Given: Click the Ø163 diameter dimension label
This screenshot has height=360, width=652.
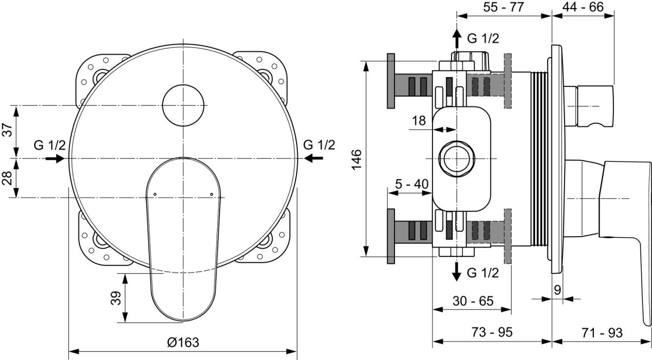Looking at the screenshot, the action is tap(183, 342).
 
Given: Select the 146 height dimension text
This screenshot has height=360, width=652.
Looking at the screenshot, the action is tap(356, 159).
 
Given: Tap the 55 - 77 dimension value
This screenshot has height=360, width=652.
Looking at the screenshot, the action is tap(504, 7).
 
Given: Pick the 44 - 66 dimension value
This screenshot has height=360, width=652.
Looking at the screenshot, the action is tap(583, 7).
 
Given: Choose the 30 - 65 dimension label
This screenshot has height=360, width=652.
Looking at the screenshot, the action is tap(473, 301).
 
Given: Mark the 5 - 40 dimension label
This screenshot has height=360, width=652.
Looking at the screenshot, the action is tap(412, 184).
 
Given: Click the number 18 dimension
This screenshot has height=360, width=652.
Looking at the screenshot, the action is tap(419, 121).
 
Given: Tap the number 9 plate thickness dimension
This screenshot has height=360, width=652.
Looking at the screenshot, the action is tap(557, 290).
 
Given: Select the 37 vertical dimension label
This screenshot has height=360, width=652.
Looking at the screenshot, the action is tap(8, 130).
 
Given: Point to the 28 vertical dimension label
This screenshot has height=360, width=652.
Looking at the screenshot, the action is tap(8, 178).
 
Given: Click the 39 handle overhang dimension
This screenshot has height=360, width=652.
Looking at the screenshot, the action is tap(116, 298).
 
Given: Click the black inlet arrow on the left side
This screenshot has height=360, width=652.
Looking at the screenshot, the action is tap(55, 159).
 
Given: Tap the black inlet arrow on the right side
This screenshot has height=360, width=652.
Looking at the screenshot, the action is tap(314, 158).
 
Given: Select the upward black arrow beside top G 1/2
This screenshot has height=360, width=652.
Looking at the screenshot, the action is tap(457, 38).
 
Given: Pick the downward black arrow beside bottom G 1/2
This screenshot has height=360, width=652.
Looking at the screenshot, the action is tap(457, 271).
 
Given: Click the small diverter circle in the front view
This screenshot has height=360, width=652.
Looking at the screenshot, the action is tap(183, 105).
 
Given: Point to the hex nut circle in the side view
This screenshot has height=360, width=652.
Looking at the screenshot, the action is tap(457, 159).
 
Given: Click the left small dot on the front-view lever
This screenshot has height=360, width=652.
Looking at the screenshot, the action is tap(155, 194).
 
